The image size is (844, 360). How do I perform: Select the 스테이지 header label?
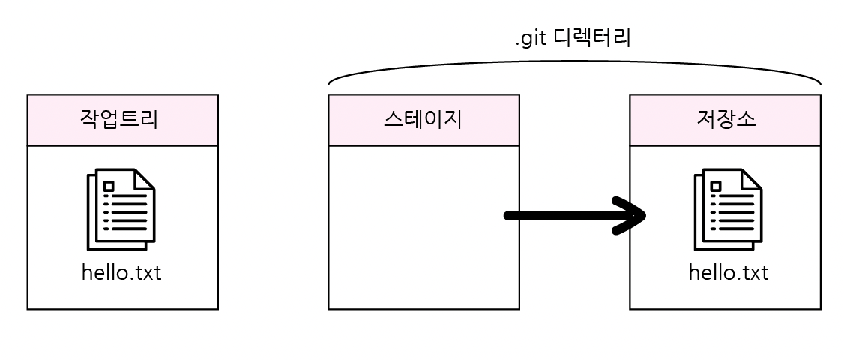(x=423, y=120)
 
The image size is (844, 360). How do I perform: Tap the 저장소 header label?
(x=725, y=120)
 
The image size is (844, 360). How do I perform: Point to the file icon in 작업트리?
(x=121, y=209)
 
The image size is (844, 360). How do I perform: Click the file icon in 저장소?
(x=728, y=209)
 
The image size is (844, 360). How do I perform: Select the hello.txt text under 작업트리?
(x=121, y=272)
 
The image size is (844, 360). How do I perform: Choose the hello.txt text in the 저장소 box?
(x=728, y=272)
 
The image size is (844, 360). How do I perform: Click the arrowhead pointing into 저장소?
(x=633, y=216)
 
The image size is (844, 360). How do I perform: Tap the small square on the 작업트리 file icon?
(x=109, y=186)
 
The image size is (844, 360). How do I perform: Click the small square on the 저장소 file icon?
(x=716, y=186)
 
